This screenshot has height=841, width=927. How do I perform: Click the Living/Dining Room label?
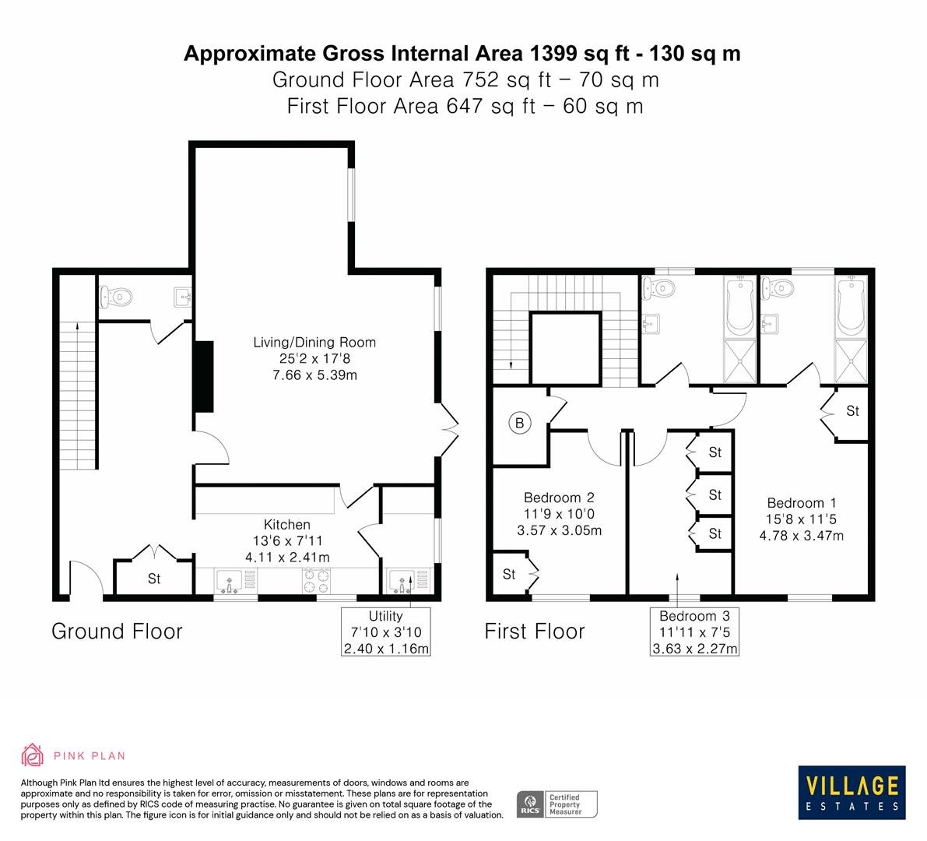pyautogui.click(x=314, y=343)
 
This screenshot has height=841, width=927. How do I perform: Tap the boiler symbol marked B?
pyautogui.click(x=518, y=424)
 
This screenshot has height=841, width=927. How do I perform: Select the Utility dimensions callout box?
pyautogui.click(x=386, y=632)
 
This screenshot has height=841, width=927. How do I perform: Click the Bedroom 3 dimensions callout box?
pyautogui.click(x=694, y=632)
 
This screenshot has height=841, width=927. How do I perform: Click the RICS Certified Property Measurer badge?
pyautogui.click(x=557, y=804)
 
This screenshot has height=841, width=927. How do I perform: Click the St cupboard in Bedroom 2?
pyautogui.click(x=509, y=575)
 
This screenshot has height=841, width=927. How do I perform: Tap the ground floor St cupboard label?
pyautogui.click(x=154, y=579)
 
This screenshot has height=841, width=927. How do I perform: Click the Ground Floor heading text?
pyautogui.click(x=117, y=631)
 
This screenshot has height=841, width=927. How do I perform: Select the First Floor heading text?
pyautogui.click(x=534, y=631)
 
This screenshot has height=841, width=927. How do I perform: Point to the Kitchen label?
pyautogui.click(x=286, y=525)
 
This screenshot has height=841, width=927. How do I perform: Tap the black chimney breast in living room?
pyautogui.click(x=203, y=376)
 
